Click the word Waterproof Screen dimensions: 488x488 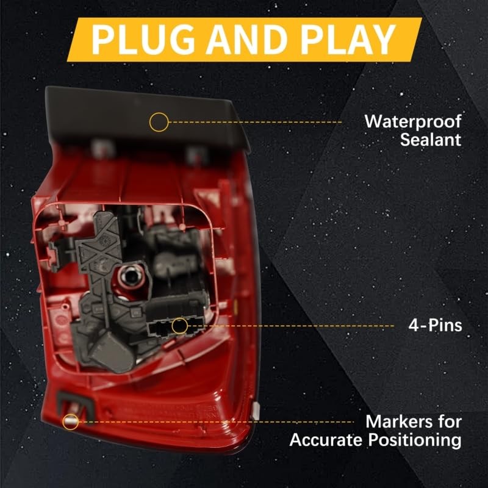[413, 121]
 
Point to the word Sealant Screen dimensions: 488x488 [431, 140]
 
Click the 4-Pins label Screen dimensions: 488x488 [435, 326]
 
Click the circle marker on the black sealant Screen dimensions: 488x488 [159, 121]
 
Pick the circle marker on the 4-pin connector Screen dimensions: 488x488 [179, 326]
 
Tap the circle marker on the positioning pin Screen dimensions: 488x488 [71, 421]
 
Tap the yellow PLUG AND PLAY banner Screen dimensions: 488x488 [244, 40]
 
